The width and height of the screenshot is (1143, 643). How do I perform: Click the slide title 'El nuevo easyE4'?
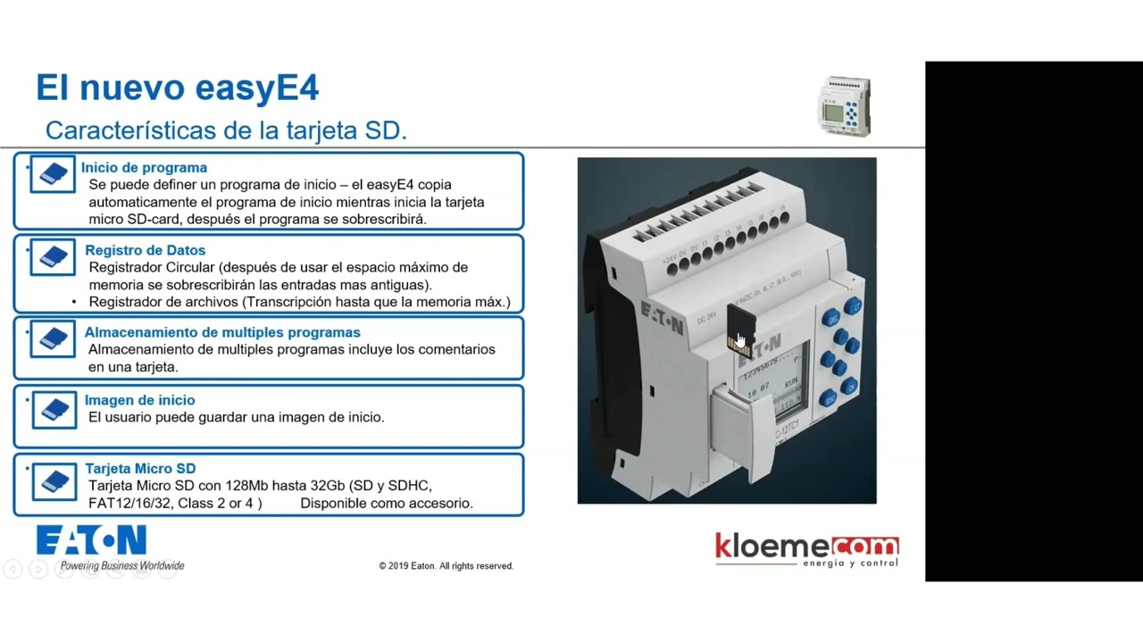click(x=177, y=88)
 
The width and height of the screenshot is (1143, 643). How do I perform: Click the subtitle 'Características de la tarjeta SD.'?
click(x=226, y=130)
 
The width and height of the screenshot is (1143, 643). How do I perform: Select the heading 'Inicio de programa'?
click(x=144, y=168)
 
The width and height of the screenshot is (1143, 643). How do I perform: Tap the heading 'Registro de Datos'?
click(x=145, y=250)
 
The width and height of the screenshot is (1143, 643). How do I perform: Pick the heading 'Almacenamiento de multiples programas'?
click(x=222, y=332)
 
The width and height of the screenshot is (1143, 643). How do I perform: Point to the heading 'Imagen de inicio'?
click(x=139, y=400)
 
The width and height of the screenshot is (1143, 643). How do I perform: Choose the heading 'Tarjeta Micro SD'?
click(x=140, y=468)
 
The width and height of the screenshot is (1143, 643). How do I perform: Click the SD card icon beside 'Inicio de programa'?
click(x=53, y=174)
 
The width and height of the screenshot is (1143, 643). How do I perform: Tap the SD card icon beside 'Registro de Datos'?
click(x=53, y=257)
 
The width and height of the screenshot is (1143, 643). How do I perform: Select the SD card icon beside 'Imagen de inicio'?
click(x=53, y=409)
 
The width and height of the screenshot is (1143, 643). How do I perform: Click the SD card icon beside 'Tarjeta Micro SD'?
click(x=53, y=480)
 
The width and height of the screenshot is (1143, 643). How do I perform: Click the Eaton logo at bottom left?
click(x=91, y=541)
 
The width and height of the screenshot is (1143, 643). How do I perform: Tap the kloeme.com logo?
click(x=806, y=548)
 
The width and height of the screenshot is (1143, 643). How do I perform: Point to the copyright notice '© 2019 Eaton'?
click(x=446, y=566)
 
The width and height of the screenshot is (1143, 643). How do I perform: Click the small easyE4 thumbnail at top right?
click(x=844, y=107)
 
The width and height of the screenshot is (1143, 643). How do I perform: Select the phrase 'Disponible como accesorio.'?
click(x=387, y=503)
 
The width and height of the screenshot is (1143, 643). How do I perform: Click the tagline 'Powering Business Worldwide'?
click(x=122, y=565)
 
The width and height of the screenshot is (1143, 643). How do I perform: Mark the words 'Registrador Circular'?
click(x=153, y=267)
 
